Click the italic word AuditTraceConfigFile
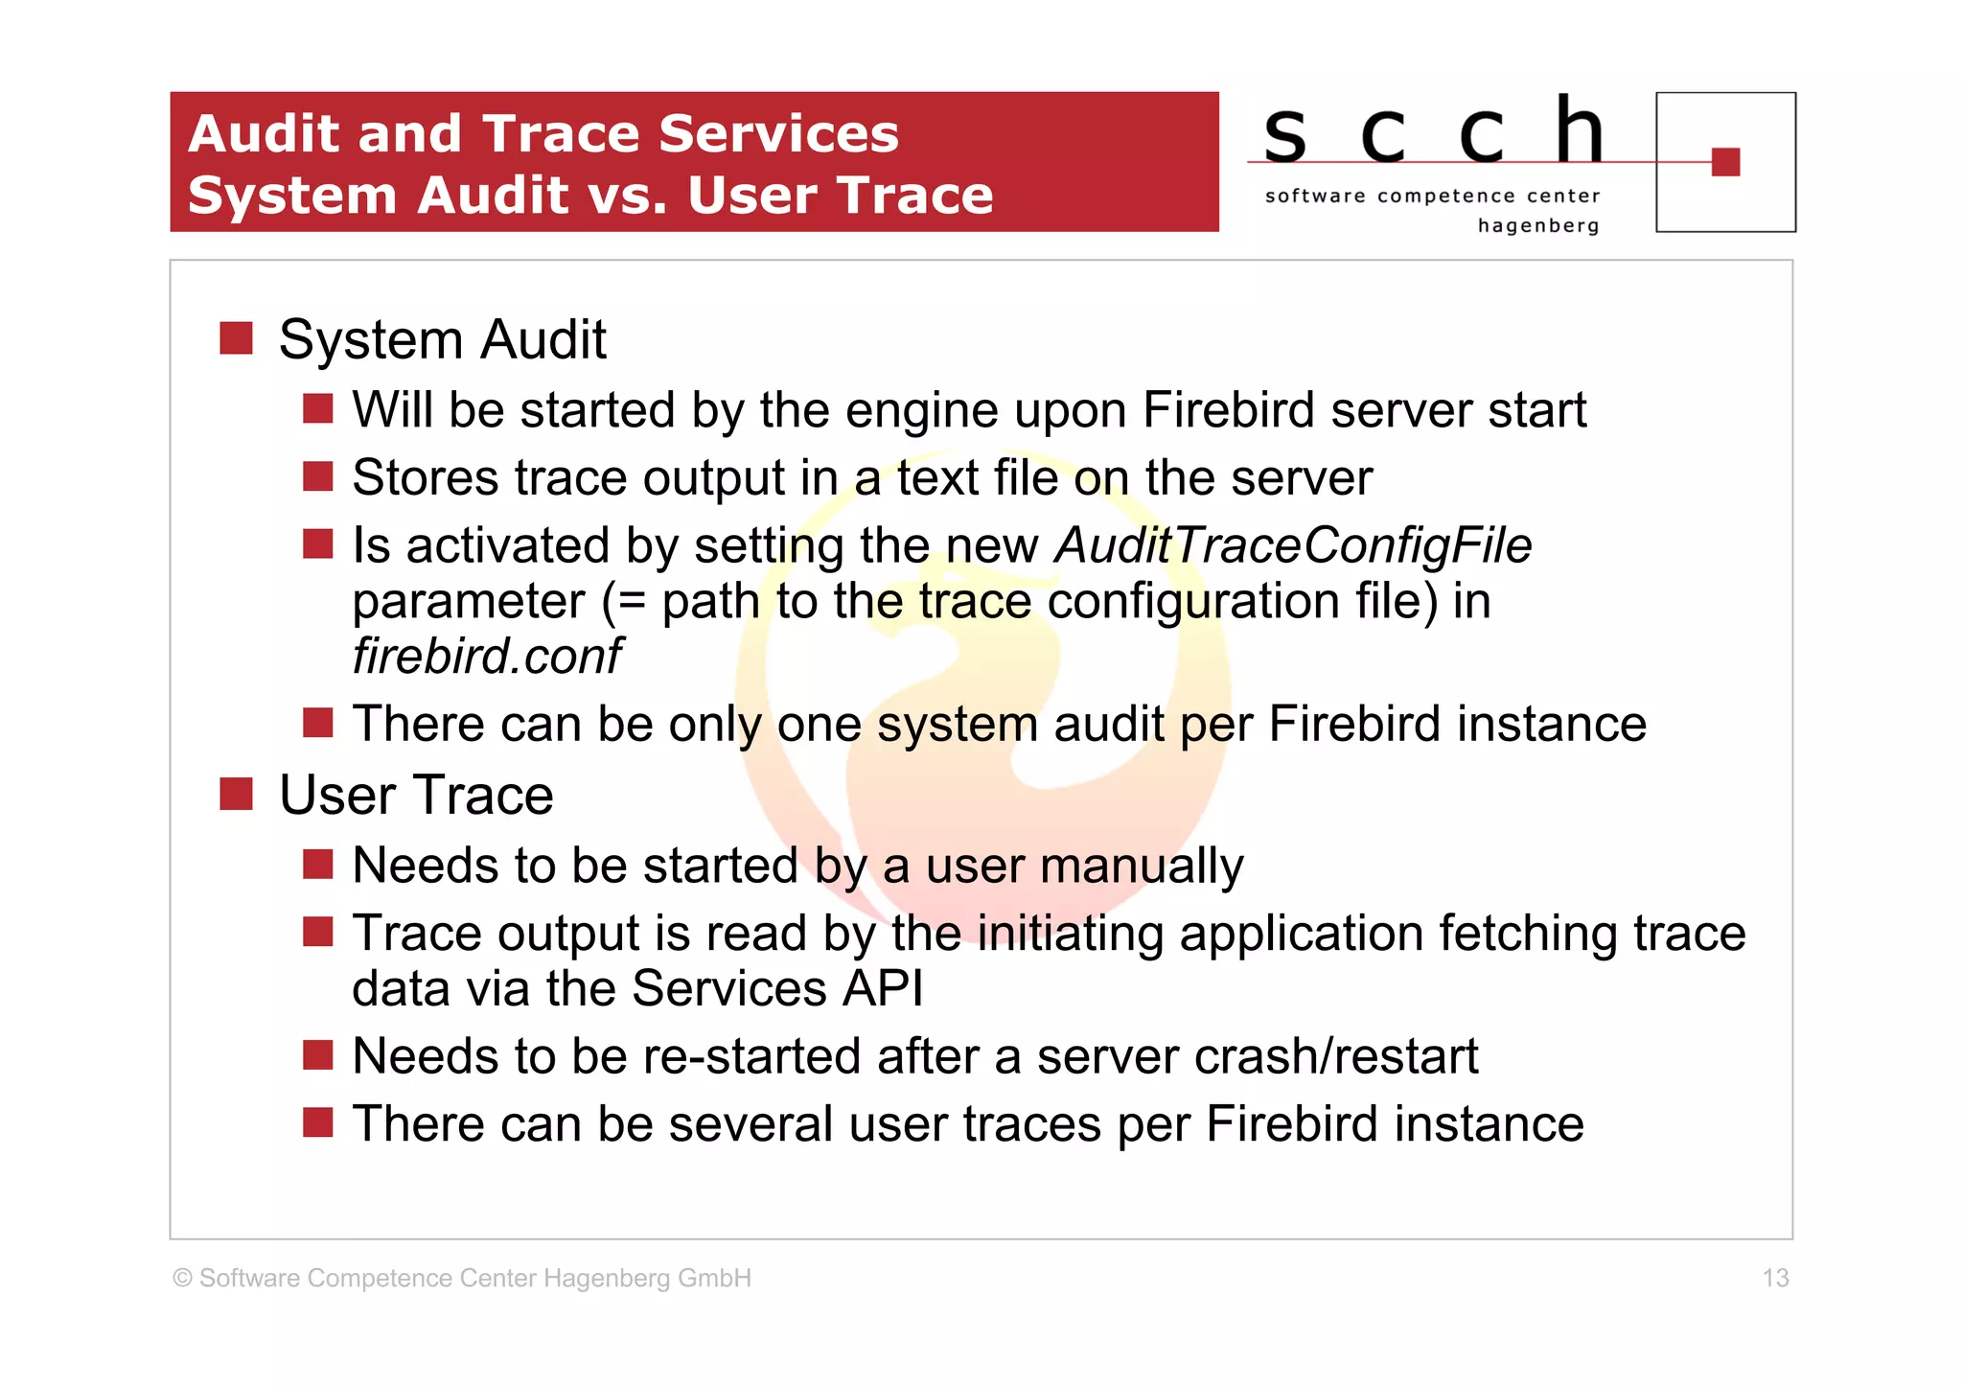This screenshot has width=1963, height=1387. coord(1293,546)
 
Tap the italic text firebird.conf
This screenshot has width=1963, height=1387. coord(487,657)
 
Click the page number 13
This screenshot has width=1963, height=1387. coord(1775,1278)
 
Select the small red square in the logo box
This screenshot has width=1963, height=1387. coord(1725,162)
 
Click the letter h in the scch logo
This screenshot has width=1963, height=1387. coord(1579,131)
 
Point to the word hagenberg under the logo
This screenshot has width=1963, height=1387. coord(1538,226)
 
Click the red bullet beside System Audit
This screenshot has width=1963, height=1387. coord(236,338)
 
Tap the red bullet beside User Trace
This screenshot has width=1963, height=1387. coord(236,794)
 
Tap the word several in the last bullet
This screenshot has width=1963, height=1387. coord(751,1124)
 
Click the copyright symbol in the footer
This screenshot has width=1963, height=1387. coord(182,1279)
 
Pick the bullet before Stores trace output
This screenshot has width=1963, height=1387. coord(317,476)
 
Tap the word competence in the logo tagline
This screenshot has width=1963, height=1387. coord(1446,196)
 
